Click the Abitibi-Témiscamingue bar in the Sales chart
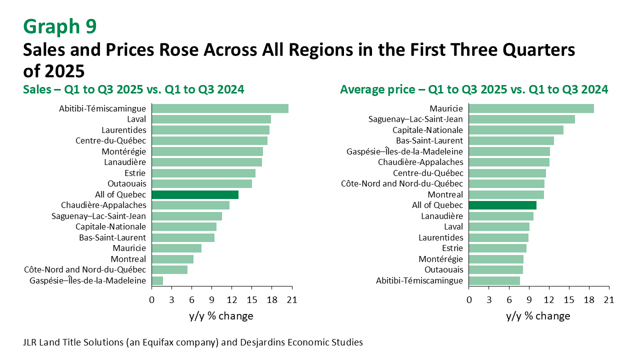[220, 108]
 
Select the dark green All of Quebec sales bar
[195, 194]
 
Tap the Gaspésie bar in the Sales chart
[157, 280]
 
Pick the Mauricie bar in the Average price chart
[531, 108]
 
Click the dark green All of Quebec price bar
[502, 205]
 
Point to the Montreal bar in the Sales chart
[172, 259]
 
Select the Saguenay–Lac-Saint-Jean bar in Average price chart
[522, 119]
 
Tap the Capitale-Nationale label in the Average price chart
[435, 130]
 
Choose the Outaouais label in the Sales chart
[126, 183]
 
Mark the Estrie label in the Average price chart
[452, 248]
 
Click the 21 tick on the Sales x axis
[292, 300]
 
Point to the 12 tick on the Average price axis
[549, 300]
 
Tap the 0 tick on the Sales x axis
[152, 300]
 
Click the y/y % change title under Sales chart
[221, 316]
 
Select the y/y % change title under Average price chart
[538, 316]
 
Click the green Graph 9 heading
[59, 26]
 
